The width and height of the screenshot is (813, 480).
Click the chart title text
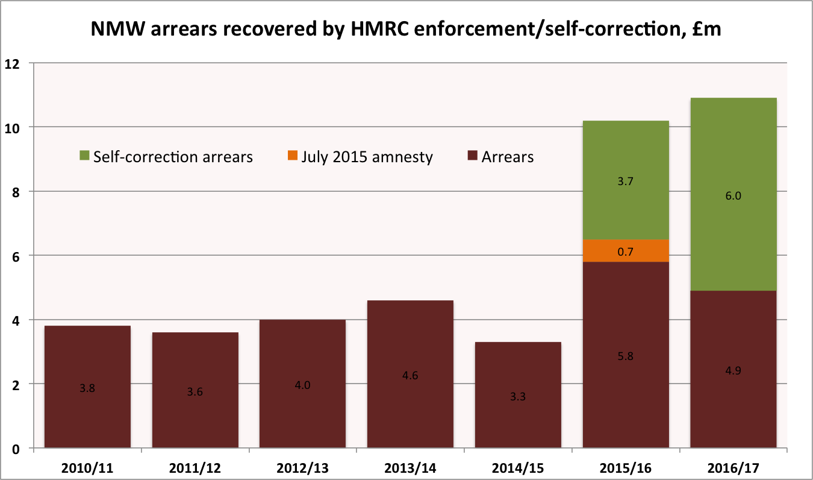(406, 29)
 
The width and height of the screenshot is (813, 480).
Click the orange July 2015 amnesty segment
(626, 250)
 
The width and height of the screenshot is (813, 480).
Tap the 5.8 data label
(626, 356)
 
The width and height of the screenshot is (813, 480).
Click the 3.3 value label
(518, 397)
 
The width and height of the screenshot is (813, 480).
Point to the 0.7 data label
(626, 251)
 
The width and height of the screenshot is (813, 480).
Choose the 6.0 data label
(734, 195)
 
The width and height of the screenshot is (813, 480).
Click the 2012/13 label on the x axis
(302, 468)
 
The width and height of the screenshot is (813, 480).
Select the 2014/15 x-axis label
(518, 468)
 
